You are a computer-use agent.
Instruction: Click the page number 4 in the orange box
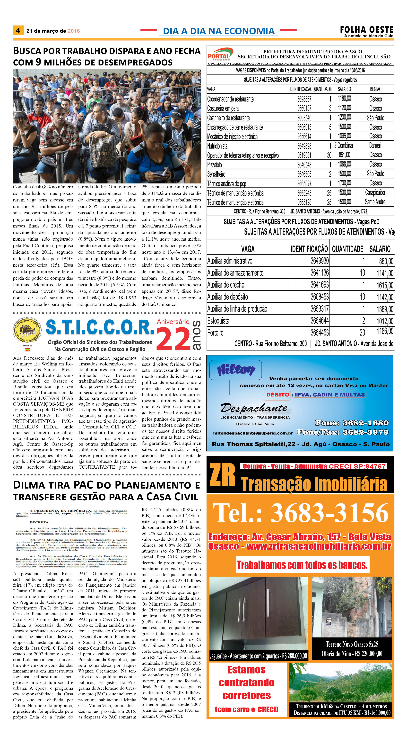pyautogui.click(x=18, y=30)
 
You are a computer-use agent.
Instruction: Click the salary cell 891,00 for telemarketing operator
pyautogui.click(x=344, y=155)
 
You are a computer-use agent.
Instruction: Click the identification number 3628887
pyautogui.click(x=304, y=99)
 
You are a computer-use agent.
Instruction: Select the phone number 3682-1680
pyautogui.click(x=365, y=423)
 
